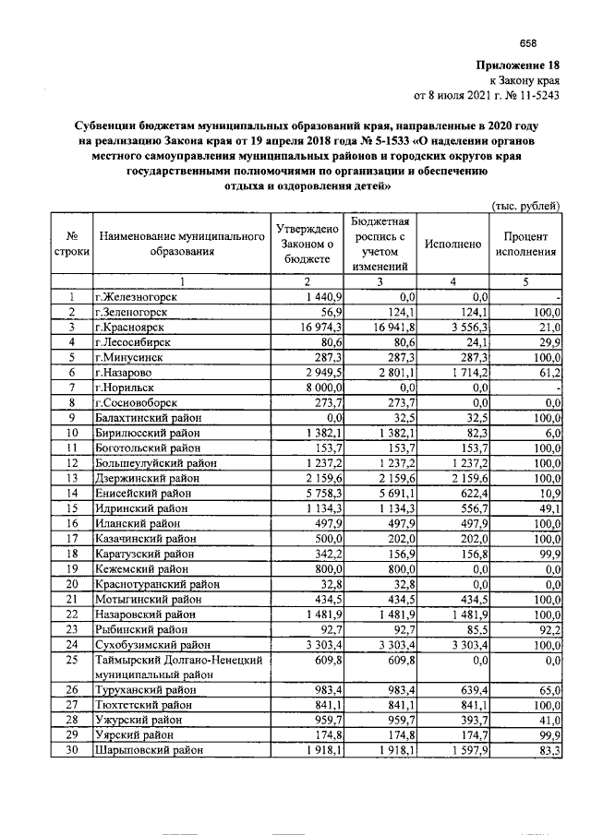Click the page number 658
point(527,43)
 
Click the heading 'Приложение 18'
point(518,65)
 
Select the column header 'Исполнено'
point(453,245)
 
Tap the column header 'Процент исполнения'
point(526,245)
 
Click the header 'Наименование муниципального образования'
point(181,245)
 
